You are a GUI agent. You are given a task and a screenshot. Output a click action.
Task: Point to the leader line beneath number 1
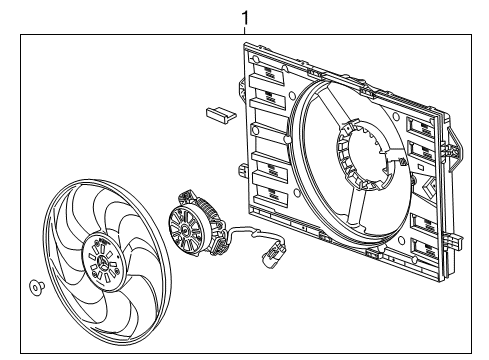244,29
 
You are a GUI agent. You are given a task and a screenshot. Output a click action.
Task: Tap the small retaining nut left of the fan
37,287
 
